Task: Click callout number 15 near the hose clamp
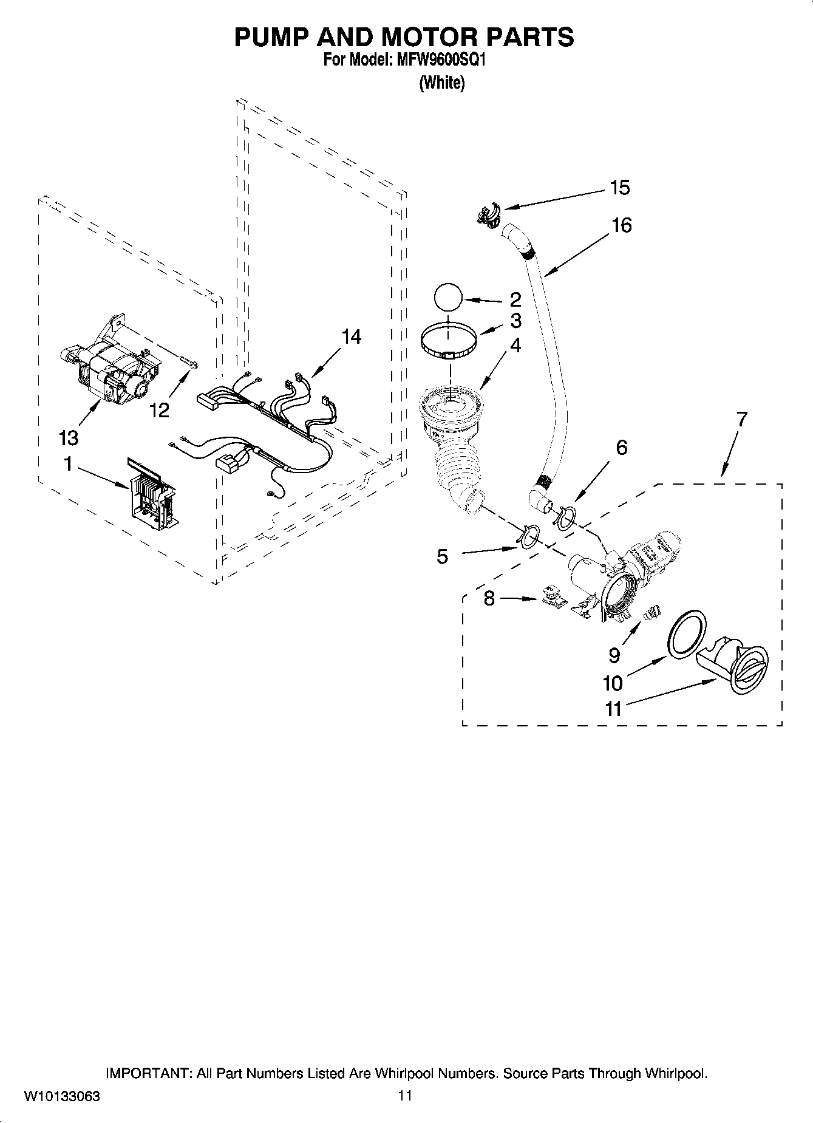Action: point(620,188)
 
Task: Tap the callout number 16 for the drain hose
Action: point(621,225)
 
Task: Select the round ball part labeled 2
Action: point(448,299)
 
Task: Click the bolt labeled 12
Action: point(190,365)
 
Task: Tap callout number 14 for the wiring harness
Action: point(351,336)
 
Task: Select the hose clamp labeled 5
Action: point(527,536)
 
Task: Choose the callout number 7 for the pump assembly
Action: point(741,418)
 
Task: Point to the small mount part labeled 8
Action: point(552,597)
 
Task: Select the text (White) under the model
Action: point(441,83)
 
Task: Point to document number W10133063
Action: point(62,1096)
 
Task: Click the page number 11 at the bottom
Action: point(405,1096)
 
